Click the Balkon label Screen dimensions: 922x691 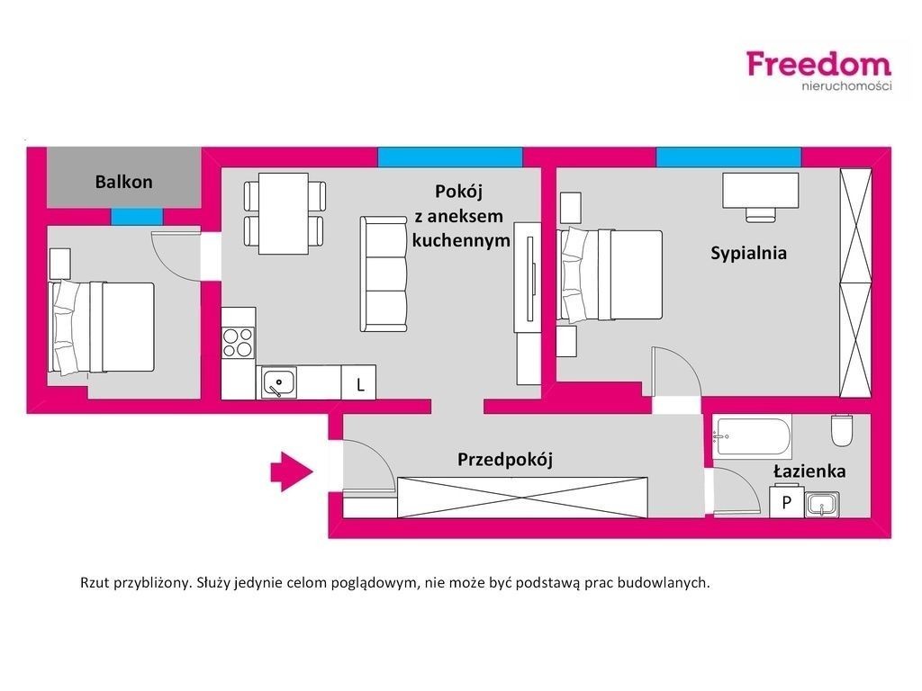(x=124, y=182)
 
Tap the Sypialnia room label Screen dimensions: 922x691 (x=748, y=253)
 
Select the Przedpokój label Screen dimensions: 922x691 (x=505, y=459)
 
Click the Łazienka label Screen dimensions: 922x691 (x=809, y=471)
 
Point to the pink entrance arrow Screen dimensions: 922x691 (x=292, y=471)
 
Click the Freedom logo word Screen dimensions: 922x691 (x=819, y=64)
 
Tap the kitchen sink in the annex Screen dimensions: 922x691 (x=279, y=383)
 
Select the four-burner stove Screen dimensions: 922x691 (x=238, y=343)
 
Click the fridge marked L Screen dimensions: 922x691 (x=358, y=383)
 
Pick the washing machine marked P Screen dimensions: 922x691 (x=787, y=501)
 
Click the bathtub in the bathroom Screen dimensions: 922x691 (x=752, y=436)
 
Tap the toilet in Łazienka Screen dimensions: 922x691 (x=842, y=431)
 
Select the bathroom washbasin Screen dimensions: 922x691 (x=821, y=505)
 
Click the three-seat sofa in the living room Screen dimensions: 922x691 (x=384, y=274)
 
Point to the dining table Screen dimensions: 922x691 (x=284, y=213)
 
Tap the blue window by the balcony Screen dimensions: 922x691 (x=137, y=217)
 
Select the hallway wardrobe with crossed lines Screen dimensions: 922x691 (x=523, y=497)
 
